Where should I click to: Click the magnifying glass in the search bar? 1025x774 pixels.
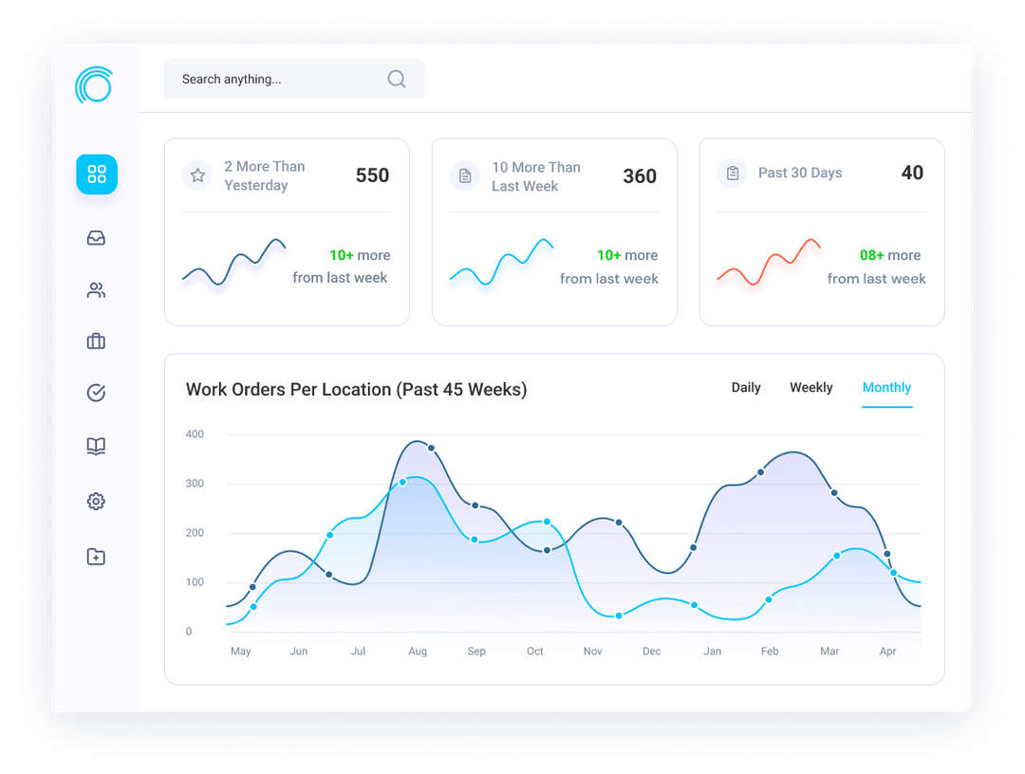[397, 79]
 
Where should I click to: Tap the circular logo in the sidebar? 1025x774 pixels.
[93, 84]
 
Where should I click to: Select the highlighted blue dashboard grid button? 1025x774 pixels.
[97, 175]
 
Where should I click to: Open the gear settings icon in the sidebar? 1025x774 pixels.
[96, 501]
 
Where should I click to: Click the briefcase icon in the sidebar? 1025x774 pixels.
[96, 341]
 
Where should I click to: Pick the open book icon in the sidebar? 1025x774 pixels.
[96, 446]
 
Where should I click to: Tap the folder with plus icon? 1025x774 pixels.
[96, 557]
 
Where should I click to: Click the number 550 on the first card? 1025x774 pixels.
[372, 175]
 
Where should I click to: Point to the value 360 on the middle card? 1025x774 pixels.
[640, 175]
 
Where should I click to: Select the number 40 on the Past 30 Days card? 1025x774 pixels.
[912, 173]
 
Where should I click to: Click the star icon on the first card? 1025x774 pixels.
[197, 175]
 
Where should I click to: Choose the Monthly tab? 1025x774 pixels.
[886, 387]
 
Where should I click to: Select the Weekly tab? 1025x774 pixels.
[811, 387]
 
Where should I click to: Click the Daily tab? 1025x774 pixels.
[746, 387]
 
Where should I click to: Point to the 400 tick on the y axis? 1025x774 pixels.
[195, 433]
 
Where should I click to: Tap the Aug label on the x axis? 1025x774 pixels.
[418, 652]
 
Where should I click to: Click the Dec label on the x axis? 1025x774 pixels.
[652, 652]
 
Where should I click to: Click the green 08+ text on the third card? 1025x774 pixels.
[871, 255]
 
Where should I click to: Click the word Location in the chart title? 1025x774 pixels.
[356, 389]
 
